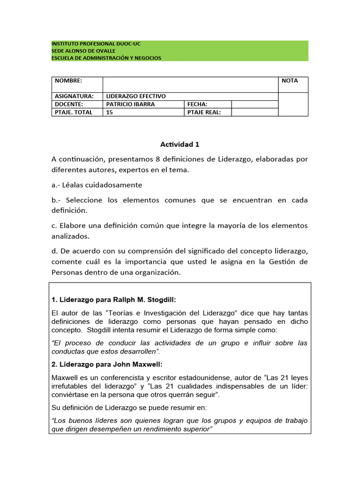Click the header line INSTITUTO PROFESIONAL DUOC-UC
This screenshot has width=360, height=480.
pos(96,44)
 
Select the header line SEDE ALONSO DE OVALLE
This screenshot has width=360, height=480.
pos(83,51)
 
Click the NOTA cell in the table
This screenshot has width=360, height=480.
pos(290,81)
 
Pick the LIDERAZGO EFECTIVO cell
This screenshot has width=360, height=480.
pos(136,96)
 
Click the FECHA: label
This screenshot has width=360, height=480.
pos(197,104)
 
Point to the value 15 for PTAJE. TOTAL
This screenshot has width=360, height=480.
pos(110,112)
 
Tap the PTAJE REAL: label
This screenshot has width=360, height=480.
pos(203,112)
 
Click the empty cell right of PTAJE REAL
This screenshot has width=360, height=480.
pos(255,112)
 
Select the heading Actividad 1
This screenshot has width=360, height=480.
pos(180,144)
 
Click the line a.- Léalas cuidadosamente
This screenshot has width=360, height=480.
pos(97,185)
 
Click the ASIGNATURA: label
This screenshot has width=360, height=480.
pos(74,96)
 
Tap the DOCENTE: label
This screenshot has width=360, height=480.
pos(69,104)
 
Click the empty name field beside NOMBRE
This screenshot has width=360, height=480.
pos(190,84)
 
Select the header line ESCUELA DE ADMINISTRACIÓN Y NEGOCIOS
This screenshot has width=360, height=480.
pos(106,58)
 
